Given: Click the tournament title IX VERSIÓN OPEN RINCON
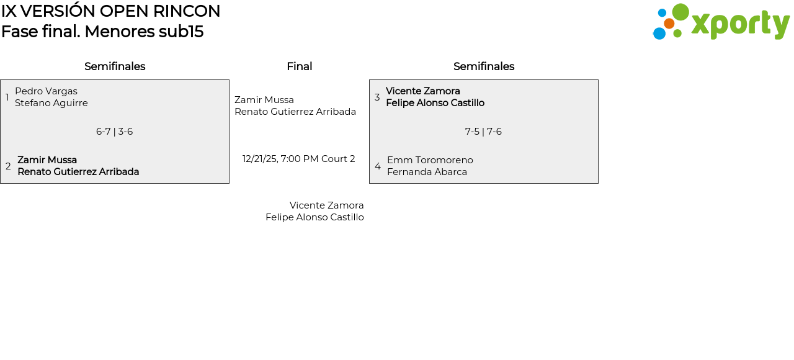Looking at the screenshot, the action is click(x=110, y=11).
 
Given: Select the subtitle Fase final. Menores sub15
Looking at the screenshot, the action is click(x=102, y=31).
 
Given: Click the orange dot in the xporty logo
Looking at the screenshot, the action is click(x=669, y=24).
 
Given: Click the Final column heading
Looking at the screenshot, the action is click(x=300, y=66).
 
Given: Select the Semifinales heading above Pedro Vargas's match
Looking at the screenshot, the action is click(x=115, y=66).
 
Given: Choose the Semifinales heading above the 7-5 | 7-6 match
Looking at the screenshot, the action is click(x=484, y=66).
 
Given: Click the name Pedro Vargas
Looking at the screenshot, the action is click(x=46, y=91).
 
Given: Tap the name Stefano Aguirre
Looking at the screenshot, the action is click(x=51, y=103).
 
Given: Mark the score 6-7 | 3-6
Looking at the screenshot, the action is click(x=115, y=132).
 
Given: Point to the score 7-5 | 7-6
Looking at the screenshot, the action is click(x=483, y=132).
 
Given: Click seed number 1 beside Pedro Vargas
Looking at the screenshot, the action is click(x=7, y=97).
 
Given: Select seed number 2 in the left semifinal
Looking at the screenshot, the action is click(x=8, y=166).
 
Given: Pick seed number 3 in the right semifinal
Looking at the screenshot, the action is click(x=377, y=97).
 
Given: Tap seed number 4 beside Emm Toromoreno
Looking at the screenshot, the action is click(x=378, y=166).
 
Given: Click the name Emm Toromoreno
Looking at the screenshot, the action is click(x=430, y=160).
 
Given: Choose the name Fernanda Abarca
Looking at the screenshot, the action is click(x=427, y=172).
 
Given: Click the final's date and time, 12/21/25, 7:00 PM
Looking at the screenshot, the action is click(x=280, y=159).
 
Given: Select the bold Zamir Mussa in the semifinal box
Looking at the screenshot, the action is click(x=47, y=160).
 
